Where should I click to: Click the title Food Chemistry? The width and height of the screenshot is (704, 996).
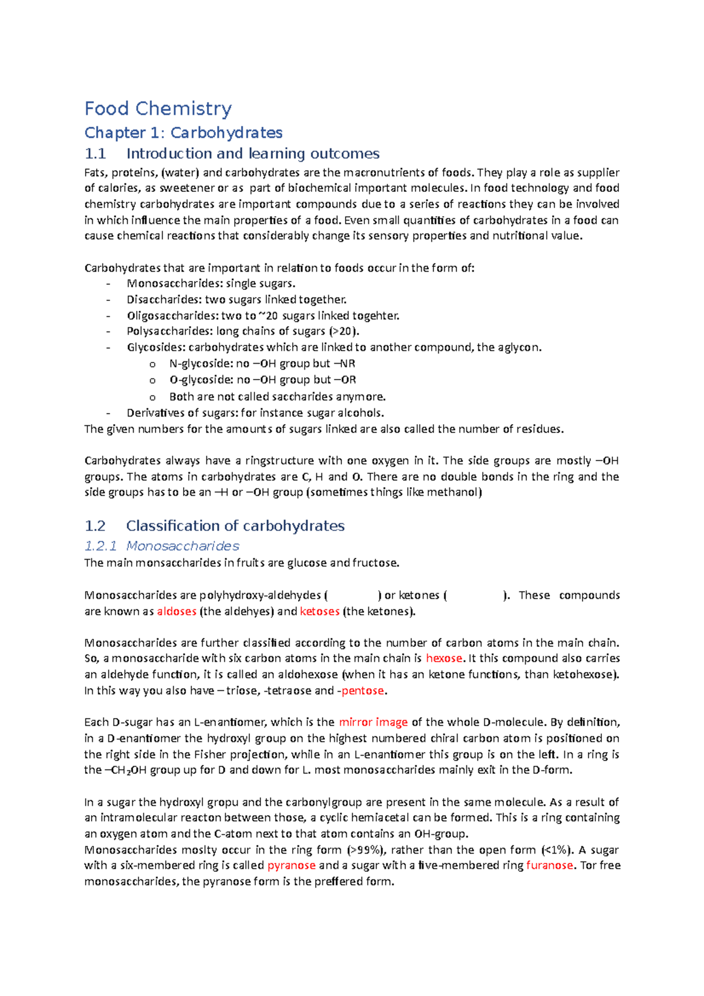(158, 109)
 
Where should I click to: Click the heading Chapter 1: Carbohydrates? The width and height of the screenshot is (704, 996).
(183, 133)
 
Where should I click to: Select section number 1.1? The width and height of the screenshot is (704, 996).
(95, 154)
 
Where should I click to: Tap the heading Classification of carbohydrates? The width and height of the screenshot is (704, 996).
(235, 526)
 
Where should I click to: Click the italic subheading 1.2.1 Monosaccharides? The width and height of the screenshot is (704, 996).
(161, 546)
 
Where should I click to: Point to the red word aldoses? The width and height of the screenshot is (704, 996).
(176, 611)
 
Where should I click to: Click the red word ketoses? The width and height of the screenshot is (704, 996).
(319, 611)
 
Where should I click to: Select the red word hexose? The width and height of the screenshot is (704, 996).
(444, 658)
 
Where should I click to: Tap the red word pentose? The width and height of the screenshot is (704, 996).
(363, 690)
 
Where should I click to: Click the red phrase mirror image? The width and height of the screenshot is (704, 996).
(373, 722)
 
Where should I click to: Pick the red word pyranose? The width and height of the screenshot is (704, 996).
(291, 865)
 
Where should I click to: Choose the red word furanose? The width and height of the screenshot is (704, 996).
(549, 865)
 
